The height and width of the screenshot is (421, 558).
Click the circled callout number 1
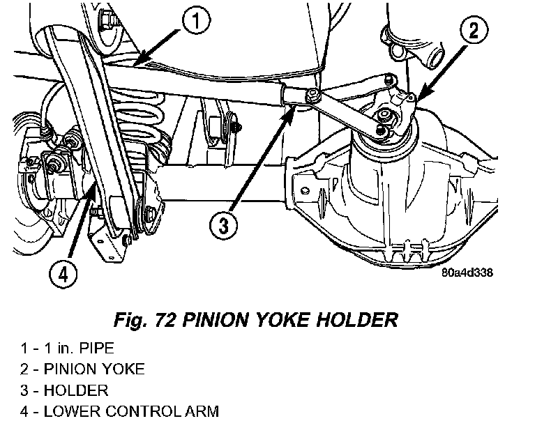point(197,20)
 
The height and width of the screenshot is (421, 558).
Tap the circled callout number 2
point(474,30)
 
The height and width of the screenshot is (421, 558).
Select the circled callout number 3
point(223,224)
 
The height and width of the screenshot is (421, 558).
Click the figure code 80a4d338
point(467,273)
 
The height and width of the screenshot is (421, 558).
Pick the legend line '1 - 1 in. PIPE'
point(67,348)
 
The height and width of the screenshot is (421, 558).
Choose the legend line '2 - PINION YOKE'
point(82,369)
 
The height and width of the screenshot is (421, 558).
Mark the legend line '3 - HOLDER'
point(64,390)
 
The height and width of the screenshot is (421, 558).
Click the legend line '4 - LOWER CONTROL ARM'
point(119,411)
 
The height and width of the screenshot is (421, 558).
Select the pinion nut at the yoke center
point(384,114)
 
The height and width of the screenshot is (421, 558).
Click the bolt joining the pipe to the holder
point(311,95)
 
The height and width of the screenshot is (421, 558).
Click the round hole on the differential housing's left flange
point(305,190)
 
